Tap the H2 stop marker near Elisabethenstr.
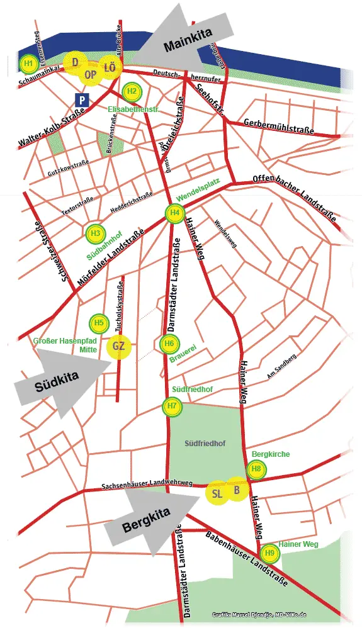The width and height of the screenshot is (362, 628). tap(132, 91)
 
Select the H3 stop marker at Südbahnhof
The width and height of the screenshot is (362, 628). tap(95, 233)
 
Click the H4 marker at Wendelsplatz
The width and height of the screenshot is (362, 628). tap(175, 213)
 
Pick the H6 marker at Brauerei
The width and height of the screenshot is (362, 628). tap(169, 344)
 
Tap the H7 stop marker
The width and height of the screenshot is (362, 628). tap(172, 407)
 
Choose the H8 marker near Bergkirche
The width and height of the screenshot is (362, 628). tap(256, 469)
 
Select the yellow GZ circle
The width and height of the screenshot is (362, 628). tap(119, 346)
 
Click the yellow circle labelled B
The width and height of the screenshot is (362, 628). tap(237, 490)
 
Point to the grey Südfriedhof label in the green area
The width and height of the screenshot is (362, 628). tap(205, 444)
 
